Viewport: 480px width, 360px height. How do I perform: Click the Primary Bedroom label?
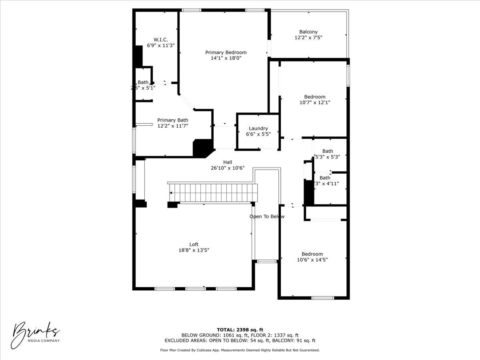click(x=226, y=52)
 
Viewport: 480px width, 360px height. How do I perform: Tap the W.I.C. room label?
click(x=160, y=40)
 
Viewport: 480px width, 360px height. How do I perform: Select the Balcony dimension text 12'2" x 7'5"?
click(x=308, y=38)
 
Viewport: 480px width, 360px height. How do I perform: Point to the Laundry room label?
click(x=258, y=128)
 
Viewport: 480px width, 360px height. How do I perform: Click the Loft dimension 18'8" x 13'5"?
click(x=194, y=250)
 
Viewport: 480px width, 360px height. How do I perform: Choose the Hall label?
click(x=228, y=162)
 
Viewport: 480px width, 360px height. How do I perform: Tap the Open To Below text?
click(x=267, y=216)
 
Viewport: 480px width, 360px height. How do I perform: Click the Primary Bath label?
click(x=172, y=120)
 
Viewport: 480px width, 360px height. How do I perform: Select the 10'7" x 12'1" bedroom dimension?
click(x=314, y=102)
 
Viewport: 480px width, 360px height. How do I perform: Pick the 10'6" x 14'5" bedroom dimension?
click(x=312, y=260)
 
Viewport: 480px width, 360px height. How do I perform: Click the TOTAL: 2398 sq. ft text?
click(x=240, y=330)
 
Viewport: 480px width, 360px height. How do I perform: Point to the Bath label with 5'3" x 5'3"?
click(x=328, y=151)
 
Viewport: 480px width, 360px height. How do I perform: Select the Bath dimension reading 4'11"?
click(x=326, y=184)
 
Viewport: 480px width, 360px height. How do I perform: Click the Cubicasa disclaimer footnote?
click(x=240, y=350)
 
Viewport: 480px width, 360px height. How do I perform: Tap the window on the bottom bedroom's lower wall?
click(x=322, y=298)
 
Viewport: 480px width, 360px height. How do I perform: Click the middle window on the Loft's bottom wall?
click(x=195, y=288)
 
